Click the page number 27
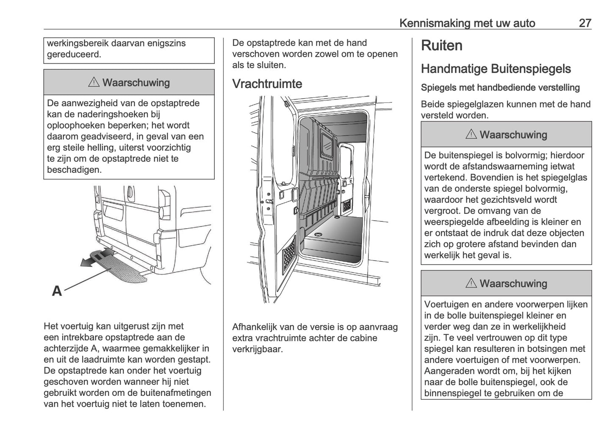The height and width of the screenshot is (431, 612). (584, 23)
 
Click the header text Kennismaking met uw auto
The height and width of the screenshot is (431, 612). (467, 23)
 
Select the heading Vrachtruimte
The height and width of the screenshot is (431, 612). (267, 84)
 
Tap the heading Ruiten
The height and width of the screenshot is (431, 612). (441, 46)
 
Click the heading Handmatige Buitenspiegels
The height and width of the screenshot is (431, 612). (496, 69)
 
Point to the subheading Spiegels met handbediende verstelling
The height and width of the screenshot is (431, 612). (500, 88)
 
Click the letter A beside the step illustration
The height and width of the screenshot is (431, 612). (57, 291)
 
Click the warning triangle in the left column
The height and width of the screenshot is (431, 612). (94, 83)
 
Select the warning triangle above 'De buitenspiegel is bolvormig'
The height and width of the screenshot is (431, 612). (471, 135)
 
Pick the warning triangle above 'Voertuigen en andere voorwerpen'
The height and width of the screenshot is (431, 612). (471, 283)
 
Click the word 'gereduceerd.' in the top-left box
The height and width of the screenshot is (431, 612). (74, 54)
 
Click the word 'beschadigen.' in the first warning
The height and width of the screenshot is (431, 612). (74, 170)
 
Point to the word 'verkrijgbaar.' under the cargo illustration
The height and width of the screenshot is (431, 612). (257, 349)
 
